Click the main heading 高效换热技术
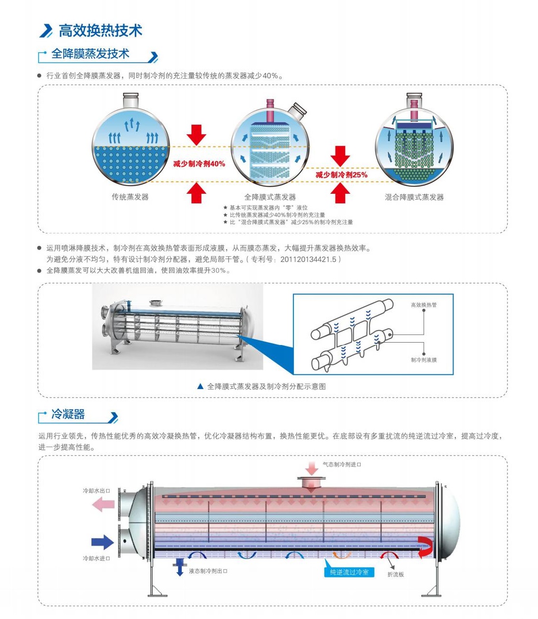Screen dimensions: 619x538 pyautogui.click(x=100, y=30)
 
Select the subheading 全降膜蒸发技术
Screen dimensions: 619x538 pyautogui.click(x=90, y=54)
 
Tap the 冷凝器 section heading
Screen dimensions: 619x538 pyautogui.click(x=68, y=414)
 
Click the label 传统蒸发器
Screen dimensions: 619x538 pyautogui.click(x=130, y=197)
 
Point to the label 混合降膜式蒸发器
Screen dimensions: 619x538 pyautogui.click(x=414, y=197)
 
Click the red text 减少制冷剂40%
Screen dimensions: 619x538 pyautogui.click(x=199, y=164)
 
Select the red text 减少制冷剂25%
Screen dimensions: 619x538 pyautogui.click(x=341, y=174)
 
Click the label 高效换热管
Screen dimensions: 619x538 pyautogui.click(x=423, y=305)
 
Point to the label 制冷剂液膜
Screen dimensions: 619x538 pyautogui.click(x=423, y=360)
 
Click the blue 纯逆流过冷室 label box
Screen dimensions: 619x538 pyautogui.click(x=349, y=572)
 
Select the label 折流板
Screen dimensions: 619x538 pyautogui.click(x=395, y=574)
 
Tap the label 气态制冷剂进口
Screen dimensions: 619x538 pyautogui.click(x=342, y=464)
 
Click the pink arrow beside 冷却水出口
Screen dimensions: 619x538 pyautogui.click(x=103, y=505)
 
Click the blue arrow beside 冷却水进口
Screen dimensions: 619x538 pyautogui.click(x=102, y=542)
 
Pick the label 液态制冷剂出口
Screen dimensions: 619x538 pyautogui.click(x=208, y=571)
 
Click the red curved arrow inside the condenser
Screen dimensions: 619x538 pyautogui.click(x=426, y=547)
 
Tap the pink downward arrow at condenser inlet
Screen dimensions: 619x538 pyautogui.click(x=312, y=468)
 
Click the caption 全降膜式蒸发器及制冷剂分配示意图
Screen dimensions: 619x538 pyautogui.click(x=266, y=387)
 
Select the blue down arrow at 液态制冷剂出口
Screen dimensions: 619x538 pyautogui.click(x=180, y=567)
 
